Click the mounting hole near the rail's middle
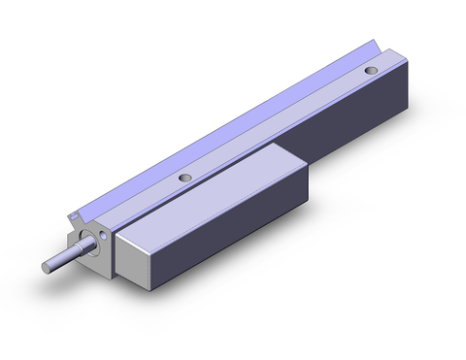(184, 178)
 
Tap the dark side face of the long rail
(359, 126)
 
